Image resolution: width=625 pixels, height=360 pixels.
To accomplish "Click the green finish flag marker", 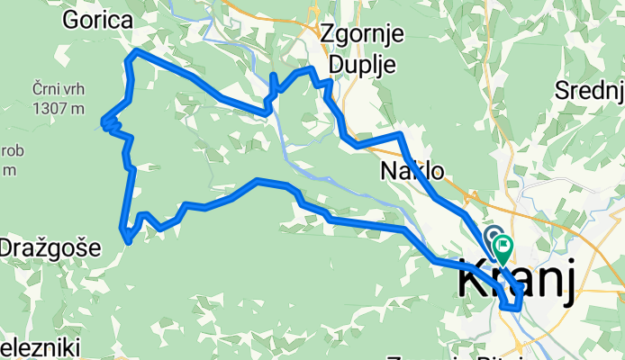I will point(502,245).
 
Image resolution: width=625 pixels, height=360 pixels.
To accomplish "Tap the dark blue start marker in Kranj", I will point(494,236).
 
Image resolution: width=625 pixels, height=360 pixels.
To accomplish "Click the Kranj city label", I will point(515,281).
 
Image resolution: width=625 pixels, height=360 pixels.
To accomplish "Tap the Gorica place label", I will point(96,21).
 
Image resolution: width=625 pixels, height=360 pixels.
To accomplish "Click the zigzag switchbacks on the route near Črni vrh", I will point(110,123).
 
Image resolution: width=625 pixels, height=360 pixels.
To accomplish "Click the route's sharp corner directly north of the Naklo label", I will point(399,134).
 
